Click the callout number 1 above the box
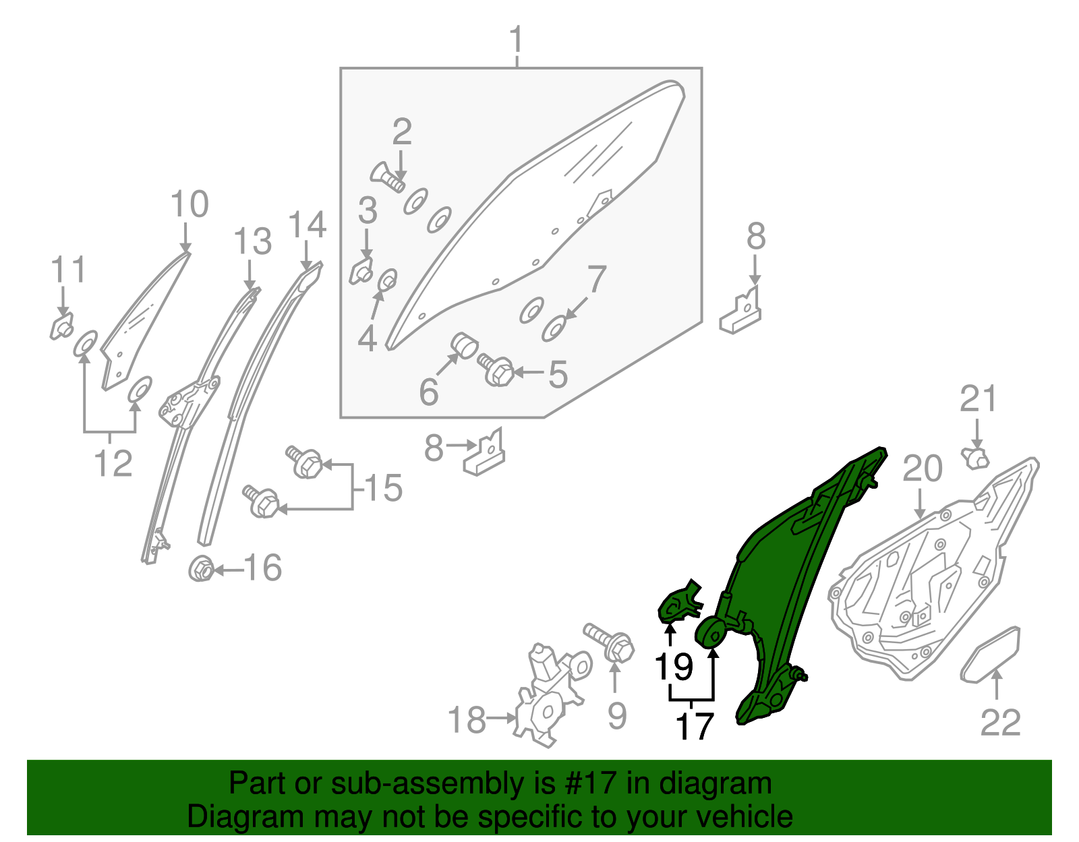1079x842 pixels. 517,40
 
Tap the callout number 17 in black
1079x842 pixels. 694,727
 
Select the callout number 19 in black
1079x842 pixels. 674,666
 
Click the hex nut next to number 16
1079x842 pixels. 201,570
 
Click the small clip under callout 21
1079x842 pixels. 975,458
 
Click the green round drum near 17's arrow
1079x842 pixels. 711,632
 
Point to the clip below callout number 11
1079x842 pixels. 62,328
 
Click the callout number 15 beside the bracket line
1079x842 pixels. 383,488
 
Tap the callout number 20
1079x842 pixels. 922,469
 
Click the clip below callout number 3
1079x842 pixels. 362,272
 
